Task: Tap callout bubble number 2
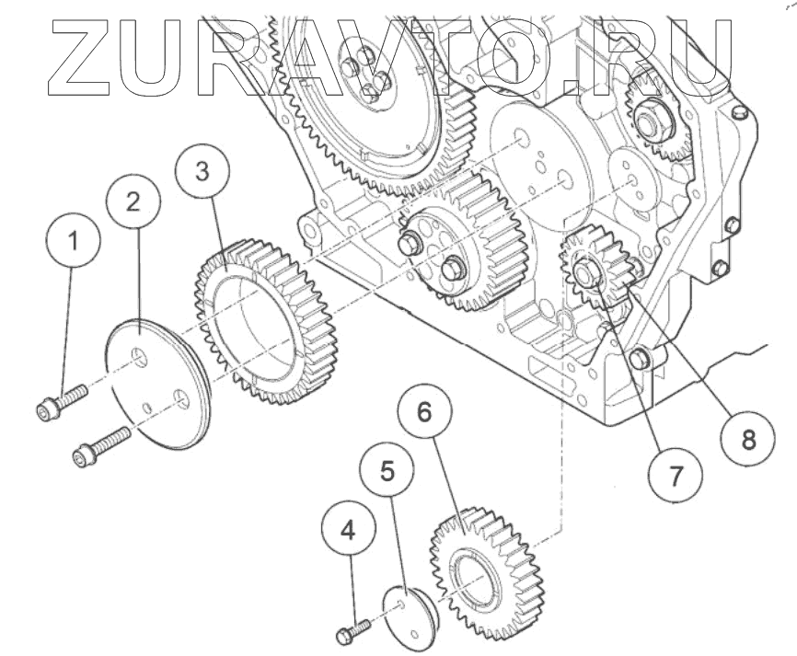[133, 201]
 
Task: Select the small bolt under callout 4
[352, 630]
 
